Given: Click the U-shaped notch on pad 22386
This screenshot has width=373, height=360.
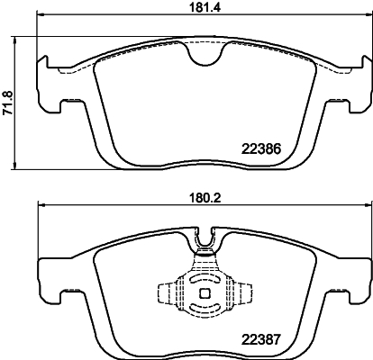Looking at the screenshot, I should tap(206, 57).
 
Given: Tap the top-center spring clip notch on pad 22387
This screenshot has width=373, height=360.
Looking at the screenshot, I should tap(206, 238).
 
